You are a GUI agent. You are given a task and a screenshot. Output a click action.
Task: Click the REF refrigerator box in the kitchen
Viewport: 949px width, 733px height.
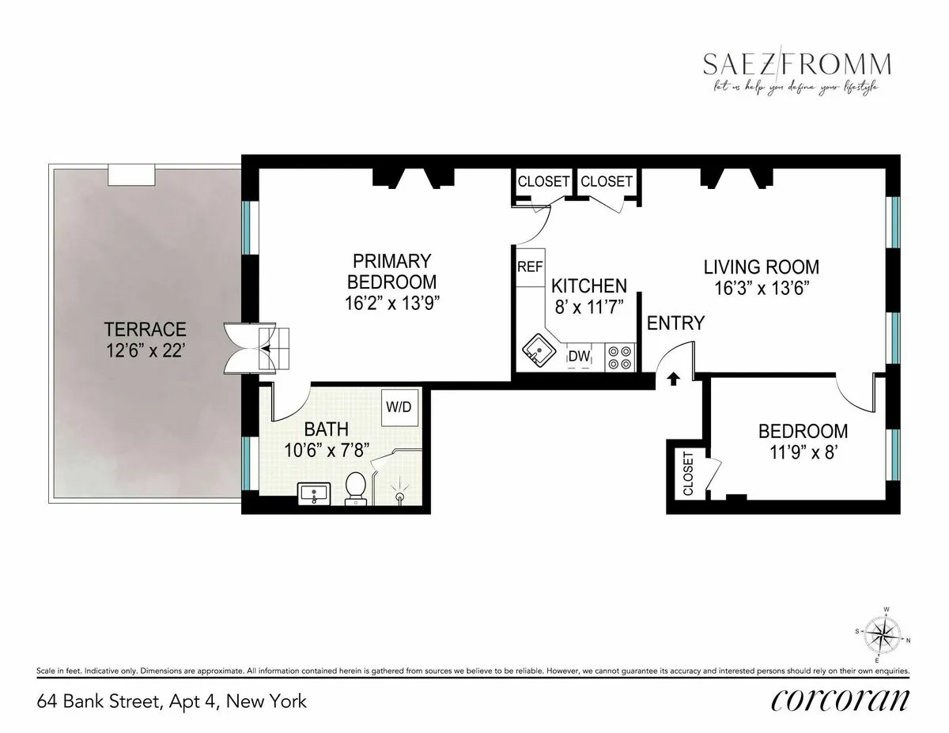pyautogui.click(x=529, y=266)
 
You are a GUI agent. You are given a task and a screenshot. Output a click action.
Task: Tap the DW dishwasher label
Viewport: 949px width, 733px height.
pyautogui.click(x=580, y=357)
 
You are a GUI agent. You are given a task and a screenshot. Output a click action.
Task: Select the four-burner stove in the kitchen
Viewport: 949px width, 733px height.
pyautogui.click(x=618, y=357)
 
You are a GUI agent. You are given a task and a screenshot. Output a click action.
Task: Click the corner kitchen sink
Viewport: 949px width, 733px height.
pyautogui.click(x=538, y=350)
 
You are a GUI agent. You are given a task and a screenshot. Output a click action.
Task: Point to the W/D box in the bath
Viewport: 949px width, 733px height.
pyautogui.click(x=399, y=407)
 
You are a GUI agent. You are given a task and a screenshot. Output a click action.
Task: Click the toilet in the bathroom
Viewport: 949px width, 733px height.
pyautogui.click(x=356, y=486)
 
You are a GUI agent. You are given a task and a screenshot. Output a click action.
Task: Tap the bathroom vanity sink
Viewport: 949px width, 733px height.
pyautogui.click(x=316, y=494)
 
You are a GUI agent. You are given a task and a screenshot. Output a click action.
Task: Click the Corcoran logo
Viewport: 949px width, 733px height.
pyautogui.click(x=839, y=700)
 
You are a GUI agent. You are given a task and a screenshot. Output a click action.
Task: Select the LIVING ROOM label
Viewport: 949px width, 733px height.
pyautogui.click(x=762, y=267)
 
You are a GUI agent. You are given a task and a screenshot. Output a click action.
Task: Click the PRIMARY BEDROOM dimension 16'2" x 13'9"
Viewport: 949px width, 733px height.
pyautogui.click(x=393, y=300)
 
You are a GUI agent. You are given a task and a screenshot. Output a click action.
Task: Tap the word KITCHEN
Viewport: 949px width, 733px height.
pyautogui.click(x=589, y=285)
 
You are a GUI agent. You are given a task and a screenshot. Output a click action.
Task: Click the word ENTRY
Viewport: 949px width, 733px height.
pyautogui.click(x=675, y=323)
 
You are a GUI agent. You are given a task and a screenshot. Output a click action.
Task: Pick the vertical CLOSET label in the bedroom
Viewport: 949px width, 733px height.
pyautogui.click(x=686, y=474)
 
